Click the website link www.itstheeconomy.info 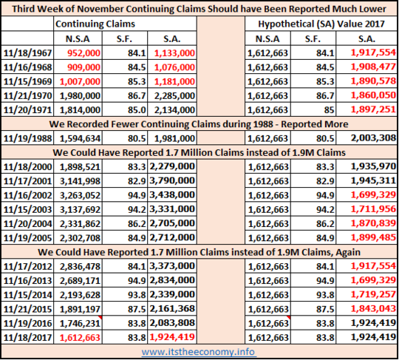[199, 352]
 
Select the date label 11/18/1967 [28, 53]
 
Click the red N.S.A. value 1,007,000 [80, 81]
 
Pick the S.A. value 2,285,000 [174, 95]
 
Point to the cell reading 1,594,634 [80, 138]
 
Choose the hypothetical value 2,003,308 [373, 137]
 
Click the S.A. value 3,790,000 [172, 180]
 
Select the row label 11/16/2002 [28, 195]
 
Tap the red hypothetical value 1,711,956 [373, 209]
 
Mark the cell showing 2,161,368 [172, 308]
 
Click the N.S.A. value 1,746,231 [80, 323]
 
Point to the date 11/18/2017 [28, 338]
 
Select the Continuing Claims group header [95, 24]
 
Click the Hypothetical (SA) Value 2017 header [321, 24]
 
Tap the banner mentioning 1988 [199, 124]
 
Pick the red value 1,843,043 [373, 308]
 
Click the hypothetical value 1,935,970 [373, 166]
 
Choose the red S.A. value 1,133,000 [174, 53]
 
